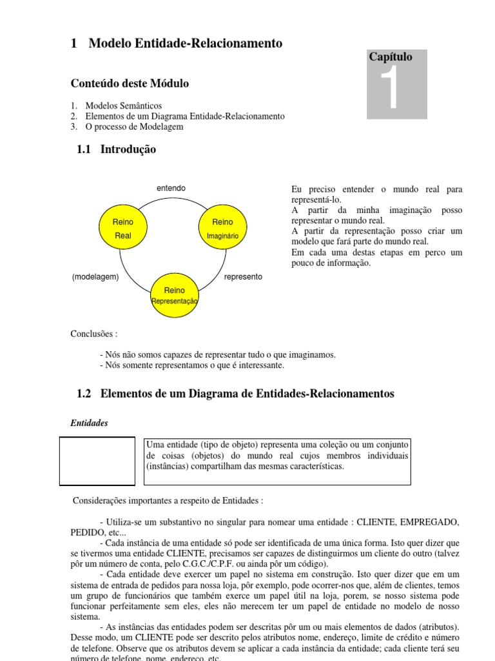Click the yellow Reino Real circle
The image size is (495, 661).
(122, 229)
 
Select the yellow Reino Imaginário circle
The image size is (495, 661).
(222, 229)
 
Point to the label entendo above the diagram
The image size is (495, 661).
(171, 188)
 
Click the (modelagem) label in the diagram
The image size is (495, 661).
(95, 276)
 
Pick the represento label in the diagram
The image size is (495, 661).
(243, 276)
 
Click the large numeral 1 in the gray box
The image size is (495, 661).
(390, 90)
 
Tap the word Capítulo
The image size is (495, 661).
(391, 57)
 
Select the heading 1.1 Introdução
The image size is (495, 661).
(116, 150)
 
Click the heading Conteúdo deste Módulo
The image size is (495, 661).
(130, 84)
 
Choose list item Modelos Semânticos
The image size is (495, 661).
(124, 105)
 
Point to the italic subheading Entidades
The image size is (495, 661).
(89, 423)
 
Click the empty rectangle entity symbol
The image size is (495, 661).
(97, 461)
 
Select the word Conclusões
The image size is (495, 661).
(93, 334)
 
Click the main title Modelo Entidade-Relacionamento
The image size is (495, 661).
(185, 43)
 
